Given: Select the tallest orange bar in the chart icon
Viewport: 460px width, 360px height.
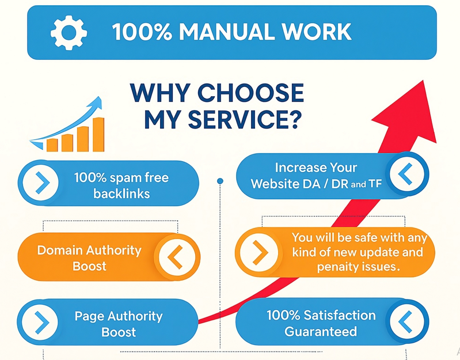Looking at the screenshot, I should pos(98,134).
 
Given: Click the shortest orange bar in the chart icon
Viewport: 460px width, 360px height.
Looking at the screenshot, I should pos(52,144).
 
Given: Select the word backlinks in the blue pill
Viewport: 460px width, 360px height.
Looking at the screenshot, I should pos(121,193).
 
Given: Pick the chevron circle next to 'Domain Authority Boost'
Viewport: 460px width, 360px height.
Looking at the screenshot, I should pos(176,257).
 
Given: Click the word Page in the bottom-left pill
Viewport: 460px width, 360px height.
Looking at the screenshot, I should pos(87,316).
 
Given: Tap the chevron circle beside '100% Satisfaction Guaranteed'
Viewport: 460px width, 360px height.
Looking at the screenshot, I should pos(408,321).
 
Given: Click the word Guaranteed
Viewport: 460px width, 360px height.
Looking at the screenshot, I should pos(321,331).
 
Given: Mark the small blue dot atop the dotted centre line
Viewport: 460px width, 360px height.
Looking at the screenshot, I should pos(220,181).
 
